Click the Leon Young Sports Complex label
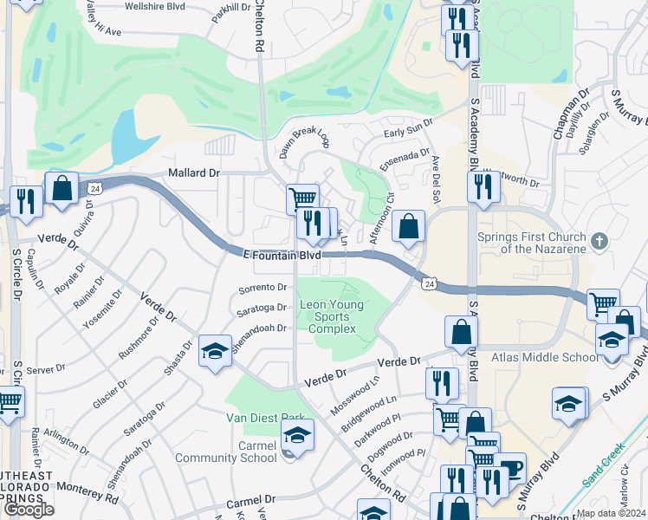[x=332, y=316]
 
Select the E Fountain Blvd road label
[x=276, y=255]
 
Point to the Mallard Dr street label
[x=194, y=173]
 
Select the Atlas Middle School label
[x=532, y=356]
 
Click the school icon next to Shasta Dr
[x=215, y=350]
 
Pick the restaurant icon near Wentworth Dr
[x=483, y=185]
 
